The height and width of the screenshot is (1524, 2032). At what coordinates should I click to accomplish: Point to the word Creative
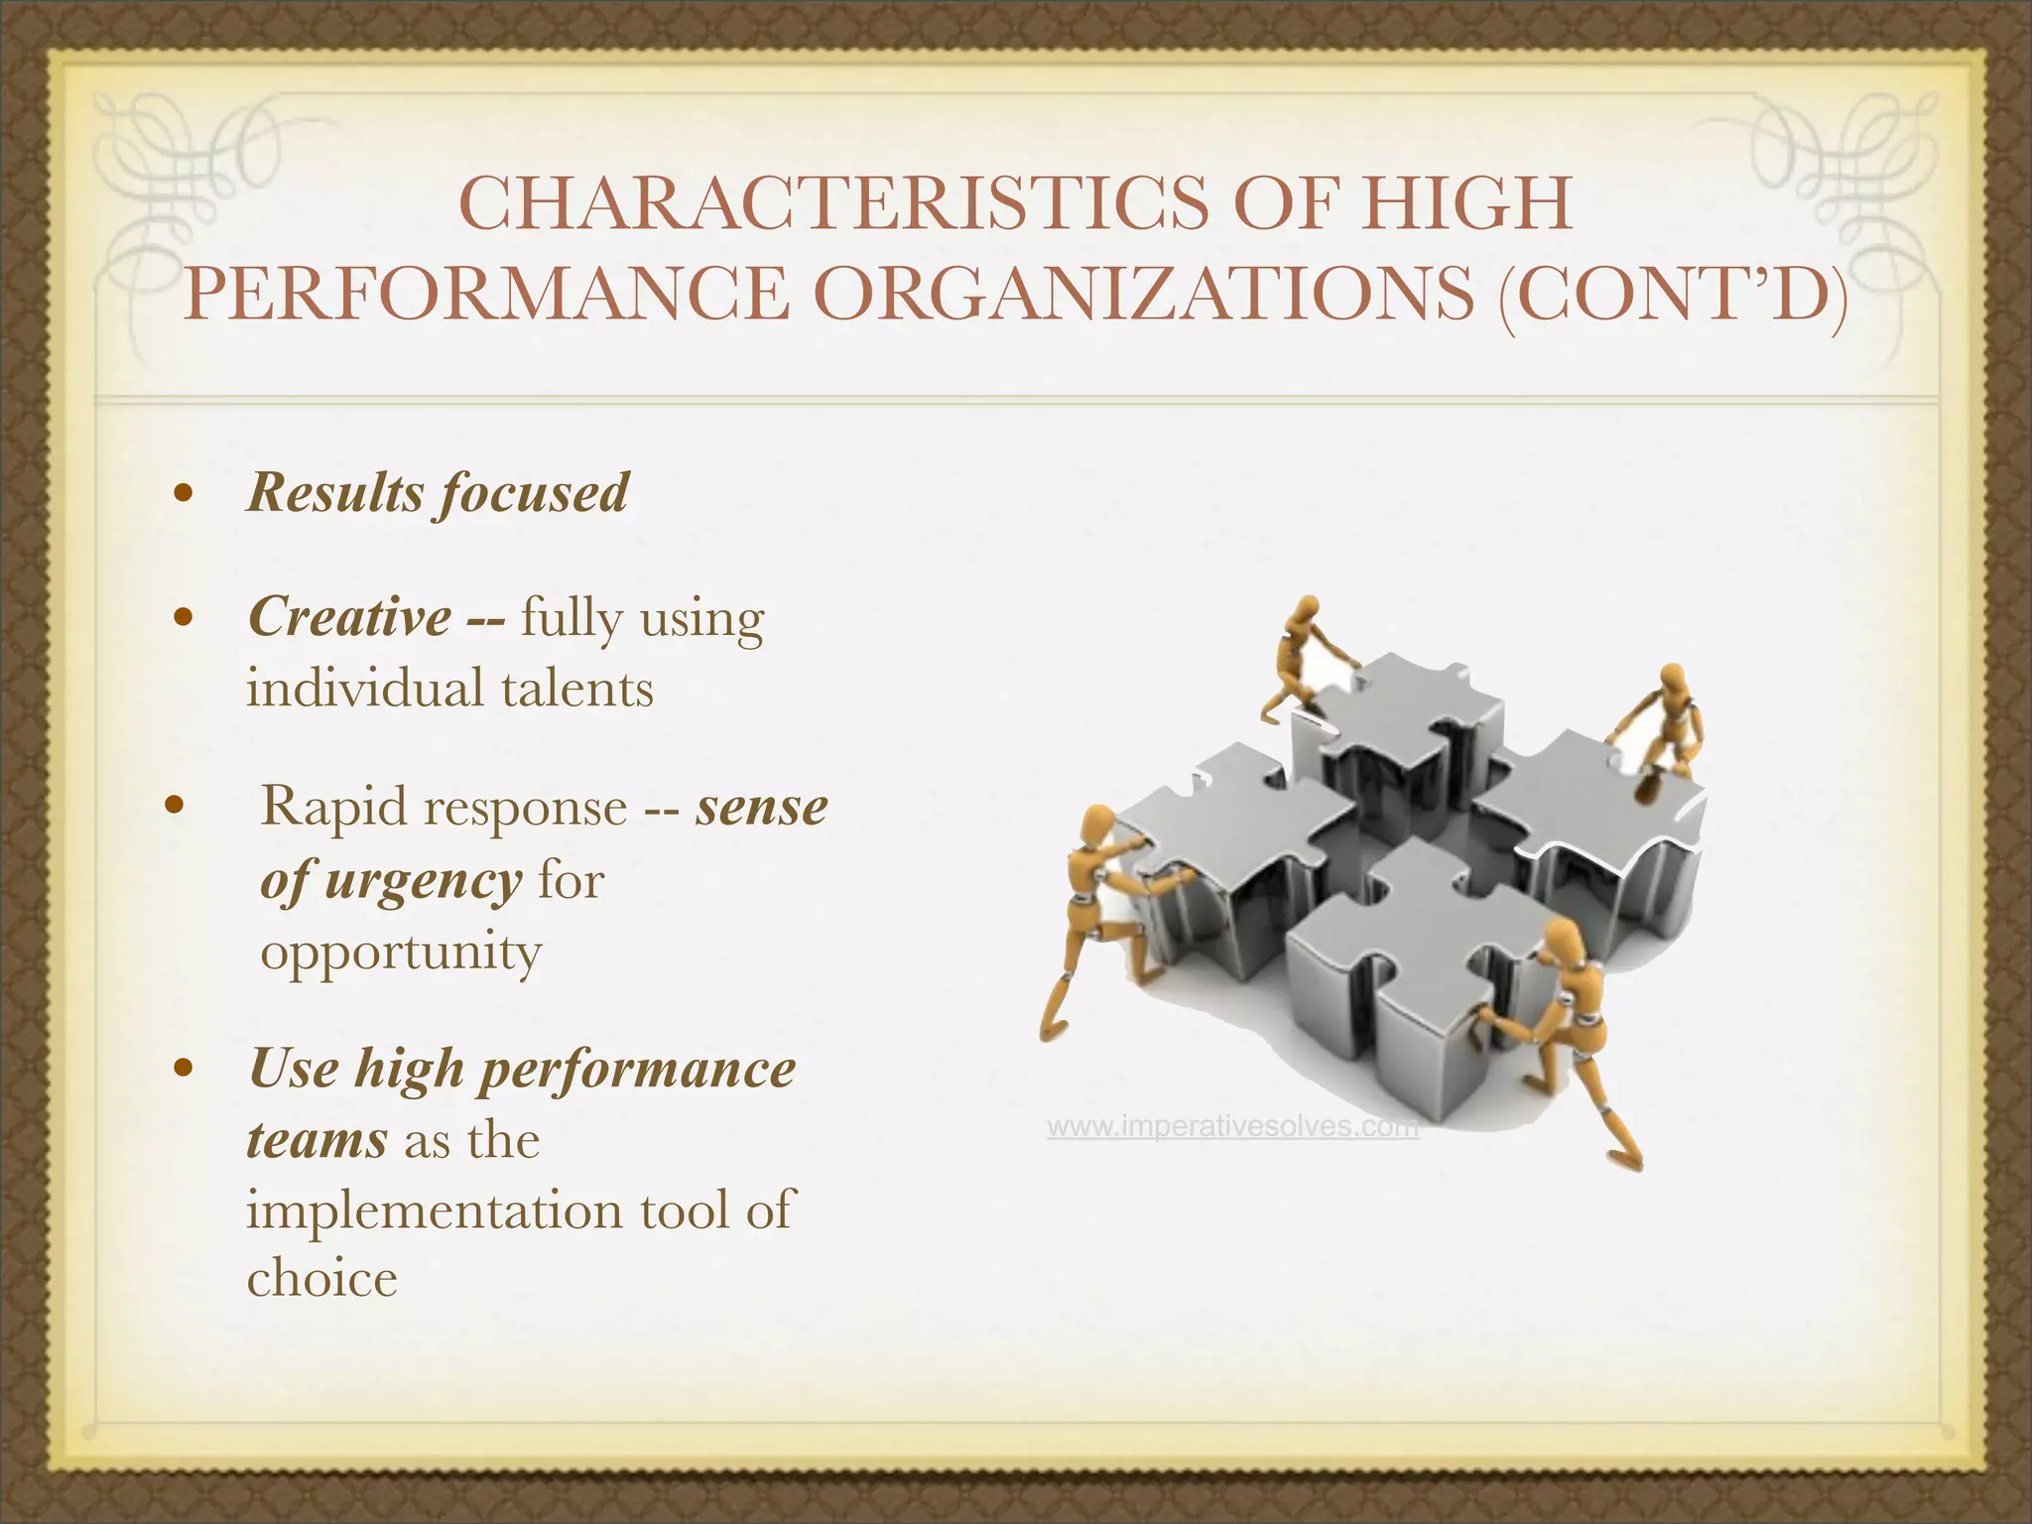[x=349, y=617]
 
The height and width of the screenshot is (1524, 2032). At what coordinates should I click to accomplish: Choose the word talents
[x=577, y=687]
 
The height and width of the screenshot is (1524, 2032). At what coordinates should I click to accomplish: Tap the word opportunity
[x=401, y=952]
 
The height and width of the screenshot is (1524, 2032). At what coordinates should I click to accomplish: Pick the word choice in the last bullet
[x=321, y=1277]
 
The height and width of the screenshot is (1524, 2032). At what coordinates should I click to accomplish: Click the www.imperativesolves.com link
[x=1232, y=1128]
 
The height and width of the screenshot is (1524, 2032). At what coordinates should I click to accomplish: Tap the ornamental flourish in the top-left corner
[x=179, y=179]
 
